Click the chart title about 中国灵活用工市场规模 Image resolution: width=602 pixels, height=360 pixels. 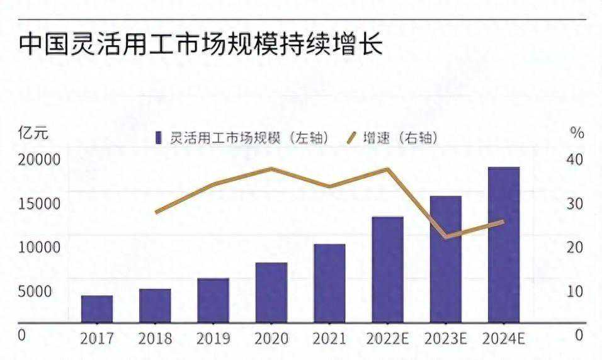tap(201, 45)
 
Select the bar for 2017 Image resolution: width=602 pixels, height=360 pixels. tap(97, 308)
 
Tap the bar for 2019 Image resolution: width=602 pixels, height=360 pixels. tap(213, 300)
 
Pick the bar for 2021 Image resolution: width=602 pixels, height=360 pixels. tap(329, 283)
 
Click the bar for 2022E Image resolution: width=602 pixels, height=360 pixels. tap(387, 269)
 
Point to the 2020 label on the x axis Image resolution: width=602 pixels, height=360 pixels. tap(271, 338)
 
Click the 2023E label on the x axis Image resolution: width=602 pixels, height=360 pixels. tap(445, 338)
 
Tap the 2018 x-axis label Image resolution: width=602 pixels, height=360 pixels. tap(155, 338)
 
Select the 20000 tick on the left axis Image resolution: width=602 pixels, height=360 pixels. tap(39, 159)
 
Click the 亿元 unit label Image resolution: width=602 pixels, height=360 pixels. tap(33, 133)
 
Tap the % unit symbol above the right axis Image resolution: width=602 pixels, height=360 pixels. tap(577, 133)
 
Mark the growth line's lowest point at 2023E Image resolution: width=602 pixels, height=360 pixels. tap(445, 237)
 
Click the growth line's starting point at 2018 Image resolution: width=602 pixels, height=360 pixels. tap(156, 212)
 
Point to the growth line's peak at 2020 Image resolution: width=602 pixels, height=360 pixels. tap(271, 169)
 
